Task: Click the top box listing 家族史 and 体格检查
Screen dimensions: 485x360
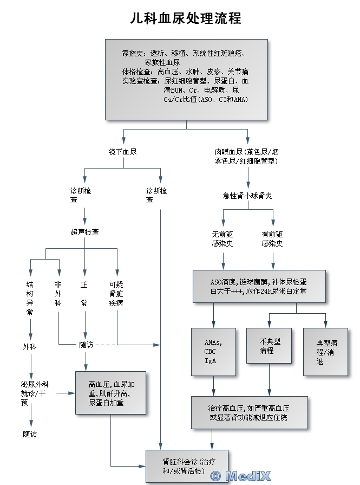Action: point(186,79)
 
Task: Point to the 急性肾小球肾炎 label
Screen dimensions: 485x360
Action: point(247,196)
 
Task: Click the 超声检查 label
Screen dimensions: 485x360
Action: point(84,232)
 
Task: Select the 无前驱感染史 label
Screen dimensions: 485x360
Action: point(222,239)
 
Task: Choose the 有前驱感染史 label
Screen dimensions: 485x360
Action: point(272,239)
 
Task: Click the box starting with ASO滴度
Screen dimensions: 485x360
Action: point(259,286)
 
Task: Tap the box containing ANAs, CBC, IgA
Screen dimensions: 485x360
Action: point(213,352)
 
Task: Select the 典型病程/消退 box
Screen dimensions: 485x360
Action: point(325,352)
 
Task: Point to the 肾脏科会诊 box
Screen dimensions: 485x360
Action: point(187,466)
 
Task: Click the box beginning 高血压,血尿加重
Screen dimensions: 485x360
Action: point(110,393)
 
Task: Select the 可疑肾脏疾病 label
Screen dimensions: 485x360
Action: point(116,293)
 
